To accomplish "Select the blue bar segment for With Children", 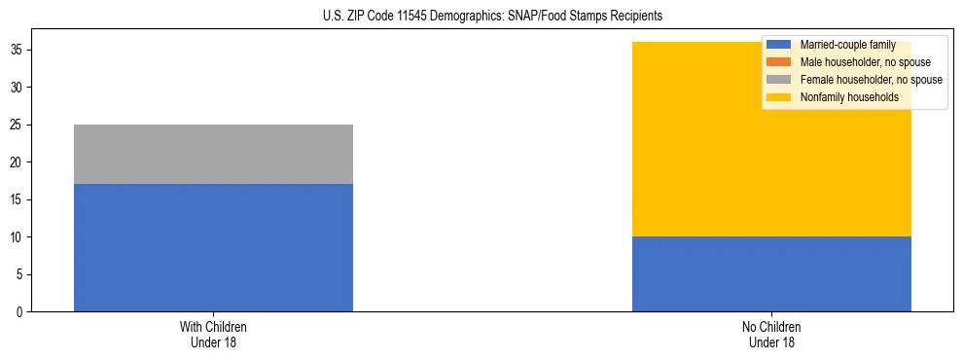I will (213, 247).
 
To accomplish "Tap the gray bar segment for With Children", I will (213, 154).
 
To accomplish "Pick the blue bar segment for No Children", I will (771, 273).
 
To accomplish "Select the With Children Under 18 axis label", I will (213, 335).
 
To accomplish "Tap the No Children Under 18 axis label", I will (771, 335).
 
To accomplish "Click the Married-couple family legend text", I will (847, 45).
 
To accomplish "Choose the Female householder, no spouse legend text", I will (871, 80).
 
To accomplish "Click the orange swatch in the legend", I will (779, 62).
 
